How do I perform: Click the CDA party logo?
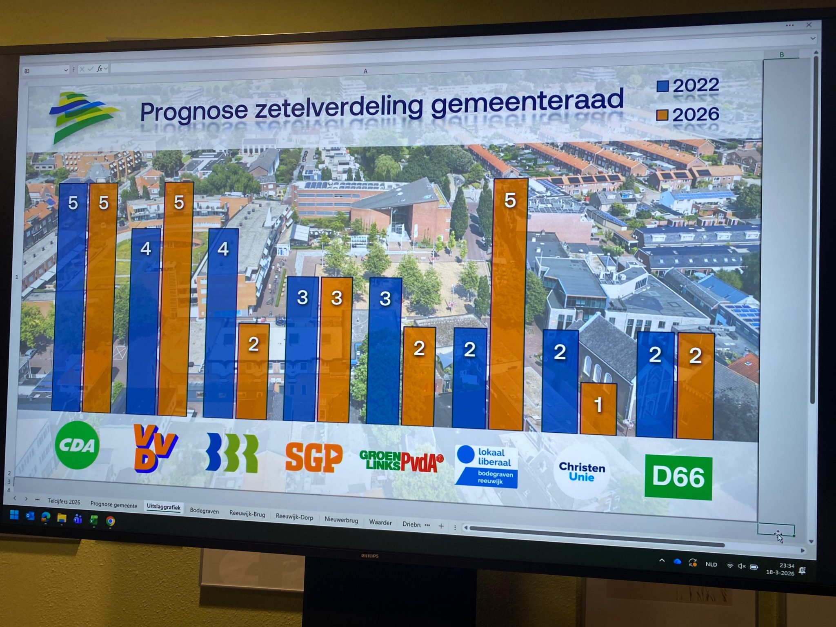77,445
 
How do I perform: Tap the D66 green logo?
678,477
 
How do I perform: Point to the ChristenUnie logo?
582,472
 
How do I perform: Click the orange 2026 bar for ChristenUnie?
598,408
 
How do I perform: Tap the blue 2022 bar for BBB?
221,322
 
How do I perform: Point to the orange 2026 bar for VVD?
176,298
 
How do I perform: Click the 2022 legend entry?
688,85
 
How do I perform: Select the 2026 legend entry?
688,115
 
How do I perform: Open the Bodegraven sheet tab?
204,511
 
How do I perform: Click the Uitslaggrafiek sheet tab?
163,507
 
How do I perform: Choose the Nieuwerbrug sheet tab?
341,520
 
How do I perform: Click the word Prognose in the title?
194,111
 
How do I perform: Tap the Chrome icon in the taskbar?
110,521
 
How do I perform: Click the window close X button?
809,25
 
